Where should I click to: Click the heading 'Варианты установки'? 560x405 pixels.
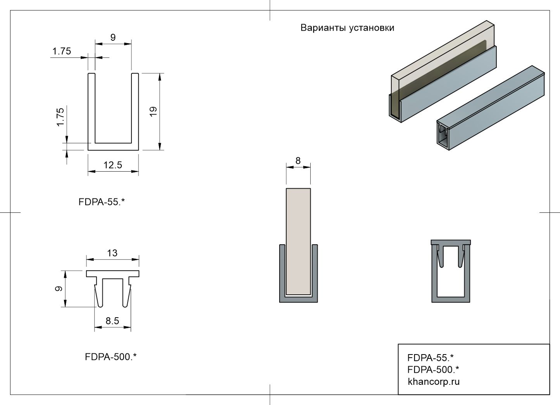[x=347, y=28]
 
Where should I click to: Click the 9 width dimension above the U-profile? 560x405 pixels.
[x=113, y=38]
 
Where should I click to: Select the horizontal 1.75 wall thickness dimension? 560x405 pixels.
[x=62, y=51]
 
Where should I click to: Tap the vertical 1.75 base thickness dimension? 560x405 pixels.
[x=60, y=117]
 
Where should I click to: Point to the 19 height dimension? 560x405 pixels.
[x=153, y=111]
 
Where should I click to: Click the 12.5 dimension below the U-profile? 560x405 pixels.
[x=113, y=165]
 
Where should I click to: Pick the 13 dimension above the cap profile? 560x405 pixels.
[x=112, y=253]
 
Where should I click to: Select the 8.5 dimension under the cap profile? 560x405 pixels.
[x=112, y=321]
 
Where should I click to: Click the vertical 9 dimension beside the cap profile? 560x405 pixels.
[x=59, y=289]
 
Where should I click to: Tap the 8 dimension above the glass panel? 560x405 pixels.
[x=298, y=161]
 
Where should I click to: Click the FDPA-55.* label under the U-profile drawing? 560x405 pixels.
[x=102, y=202]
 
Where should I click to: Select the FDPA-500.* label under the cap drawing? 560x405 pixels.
[x=111, y=357]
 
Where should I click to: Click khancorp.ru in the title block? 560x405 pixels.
[x=434, y=382]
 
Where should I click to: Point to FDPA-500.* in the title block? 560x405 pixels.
[x=433, y=369]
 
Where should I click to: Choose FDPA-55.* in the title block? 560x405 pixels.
[x=430, y=358]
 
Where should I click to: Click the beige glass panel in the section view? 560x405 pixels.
[x=299, y=242]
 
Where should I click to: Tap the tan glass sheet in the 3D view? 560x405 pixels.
[x=442, y=68]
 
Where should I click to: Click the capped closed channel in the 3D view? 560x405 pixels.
[x=491, y=108]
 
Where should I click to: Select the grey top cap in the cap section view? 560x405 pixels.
[x=451, y=242]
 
